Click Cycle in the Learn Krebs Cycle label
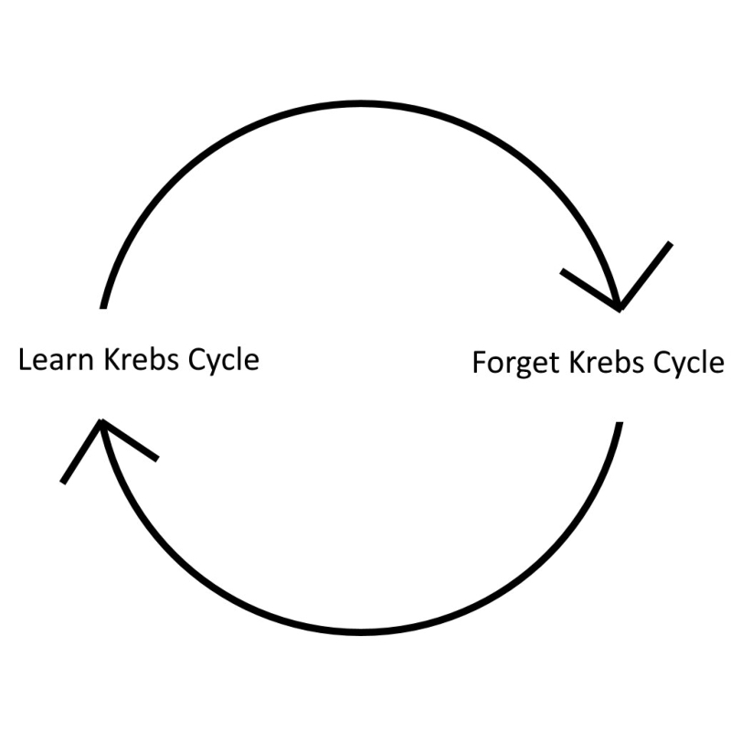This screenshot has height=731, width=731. [x=223, y=360]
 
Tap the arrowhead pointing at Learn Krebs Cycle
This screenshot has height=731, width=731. [x=102, y=423]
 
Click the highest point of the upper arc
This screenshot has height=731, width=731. [x=361, y=102]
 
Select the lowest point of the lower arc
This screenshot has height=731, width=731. [x=362, y=630]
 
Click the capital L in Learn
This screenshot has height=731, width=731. [x=26, y=359]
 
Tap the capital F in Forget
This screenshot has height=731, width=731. [x=480, y=363]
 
